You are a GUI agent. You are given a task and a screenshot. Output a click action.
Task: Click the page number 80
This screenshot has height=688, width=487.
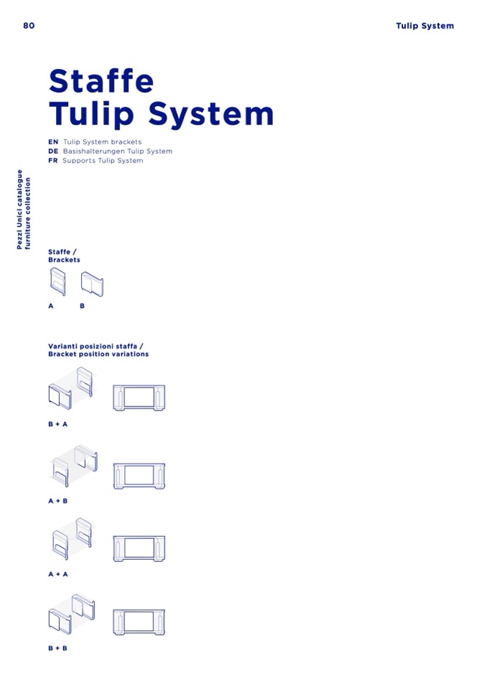tap(29, 25)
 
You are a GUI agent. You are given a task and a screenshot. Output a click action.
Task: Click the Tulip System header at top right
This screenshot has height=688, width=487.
tap(425, 26)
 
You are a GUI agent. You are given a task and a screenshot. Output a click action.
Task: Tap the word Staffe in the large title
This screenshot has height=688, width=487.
tap(101, 81)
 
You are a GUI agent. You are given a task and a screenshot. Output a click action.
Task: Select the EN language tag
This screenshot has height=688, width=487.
tap(53, 142)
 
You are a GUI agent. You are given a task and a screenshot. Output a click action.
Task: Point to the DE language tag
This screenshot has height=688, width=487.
tap(53, 151)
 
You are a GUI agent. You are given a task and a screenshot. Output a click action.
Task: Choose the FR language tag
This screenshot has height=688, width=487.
tap(53, 161)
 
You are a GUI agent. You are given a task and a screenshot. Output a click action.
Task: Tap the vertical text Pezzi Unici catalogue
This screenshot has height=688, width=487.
tap(19, 209)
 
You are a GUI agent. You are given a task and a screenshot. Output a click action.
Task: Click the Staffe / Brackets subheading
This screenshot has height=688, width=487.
tap(64, 256)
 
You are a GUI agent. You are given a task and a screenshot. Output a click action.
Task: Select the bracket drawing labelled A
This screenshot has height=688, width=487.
tap(57, 281)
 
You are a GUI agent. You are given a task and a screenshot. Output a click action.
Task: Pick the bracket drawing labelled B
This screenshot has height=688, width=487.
tap(92, 284)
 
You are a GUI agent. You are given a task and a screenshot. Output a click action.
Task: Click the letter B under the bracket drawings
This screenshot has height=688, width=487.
tap(82, 306)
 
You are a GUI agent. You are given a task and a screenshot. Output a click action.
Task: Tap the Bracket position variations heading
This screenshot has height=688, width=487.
tap(98, 354)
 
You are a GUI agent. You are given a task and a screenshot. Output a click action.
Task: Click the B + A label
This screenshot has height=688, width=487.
tap(58, 424)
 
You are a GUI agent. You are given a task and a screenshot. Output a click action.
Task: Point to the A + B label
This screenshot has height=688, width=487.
tap(58, 501)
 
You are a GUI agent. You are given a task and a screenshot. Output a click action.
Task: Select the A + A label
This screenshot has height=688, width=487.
tap(58, 574)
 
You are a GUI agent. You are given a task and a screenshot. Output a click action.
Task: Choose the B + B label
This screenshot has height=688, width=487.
tap(58, 648)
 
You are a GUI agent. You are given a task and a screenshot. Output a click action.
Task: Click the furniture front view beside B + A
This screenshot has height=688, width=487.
tap(139, 397)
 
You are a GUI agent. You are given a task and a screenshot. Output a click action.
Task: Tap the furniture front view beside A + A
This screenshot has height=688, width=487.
tap(139, 549)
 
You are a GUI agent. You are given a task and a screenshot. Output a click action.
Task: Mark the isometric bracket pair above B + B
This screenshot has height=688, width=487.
tap(72, 614)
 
